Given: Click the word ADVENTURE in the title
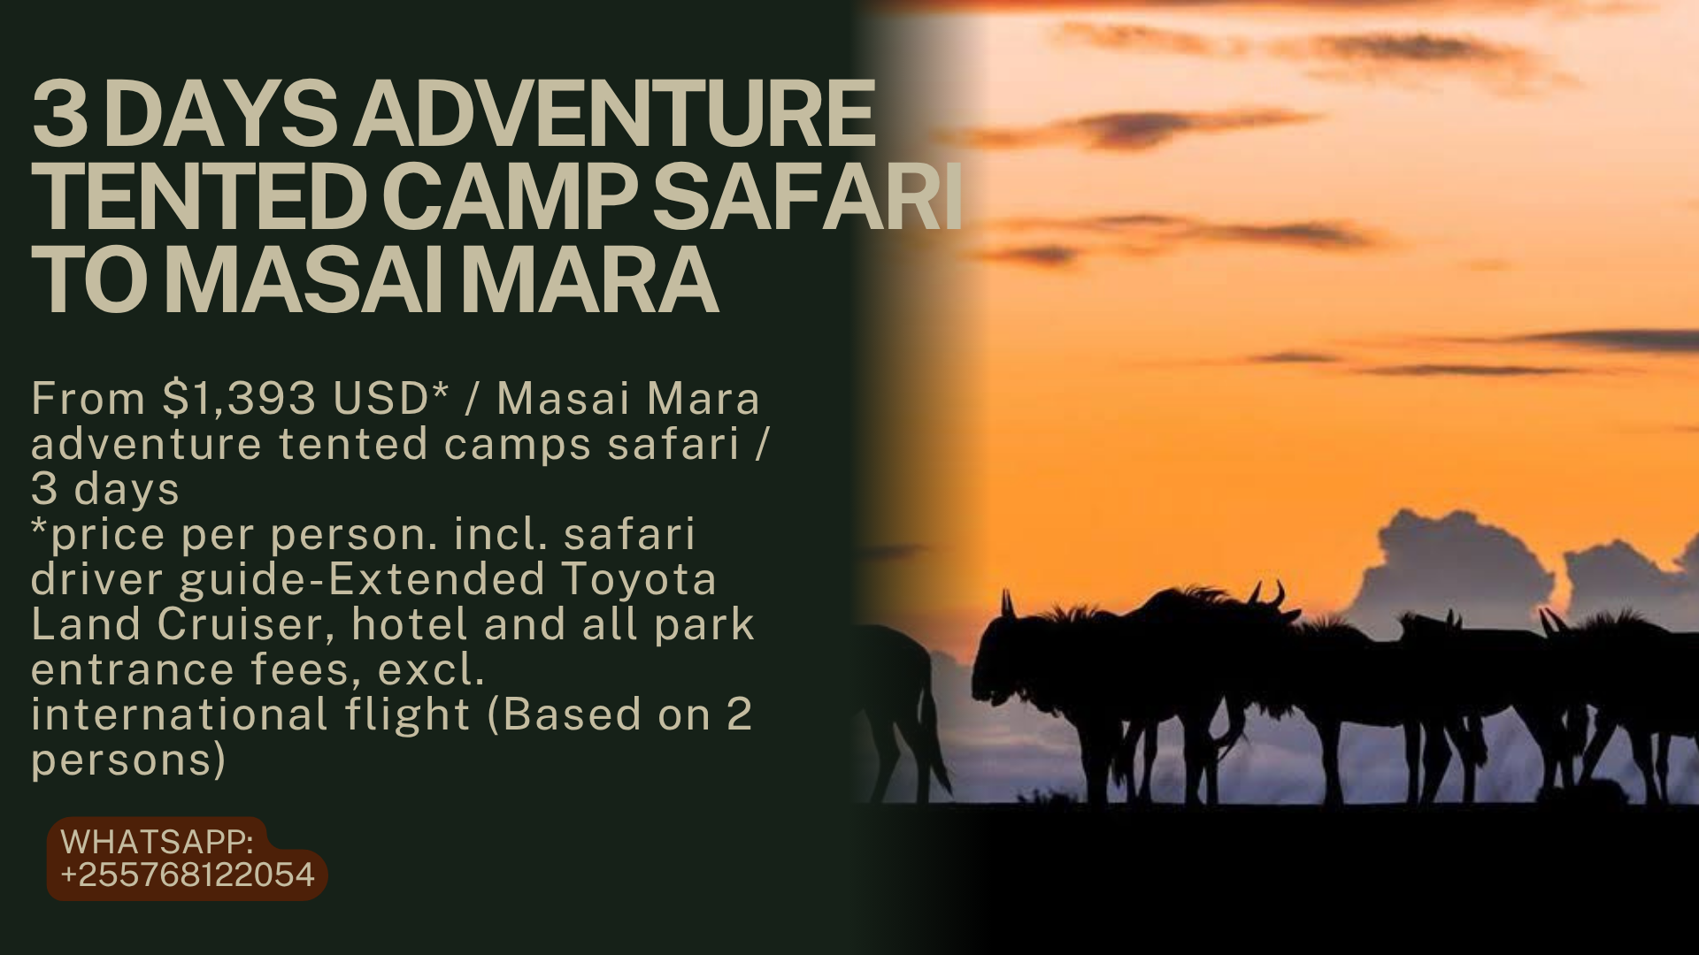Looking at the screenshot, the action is [615, 115].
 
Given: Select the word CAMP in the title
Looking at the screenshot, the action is [510, 199].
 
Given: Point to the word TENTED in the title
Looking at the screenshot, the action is [199, 199].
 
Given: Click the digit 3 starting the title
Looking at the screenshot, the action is [60, 115].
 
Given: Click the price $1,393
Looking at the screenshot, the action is [239, 399].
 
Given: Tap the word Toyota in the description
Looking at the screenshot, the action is [639, 579].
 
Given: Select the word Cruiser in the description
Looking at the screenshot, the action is [247, 624].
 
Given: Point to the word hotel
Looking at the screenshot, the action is [411, 624].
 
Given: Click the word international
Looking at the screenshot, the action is [180, 714].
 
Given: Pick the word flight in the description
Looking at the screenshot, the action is [407, 716].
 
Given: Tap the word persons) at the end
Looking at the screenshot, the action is [129, 761].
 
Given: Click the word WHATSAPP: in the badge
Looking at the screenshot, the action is [158, 841].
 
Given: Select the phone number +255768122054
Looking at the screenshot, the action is [188, 875].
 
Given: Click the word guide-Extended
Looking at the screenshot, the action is [362, 581].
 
